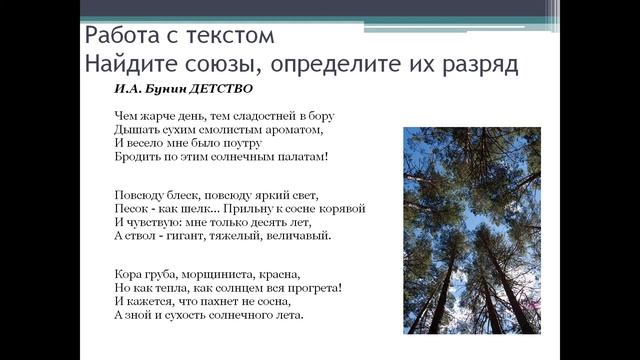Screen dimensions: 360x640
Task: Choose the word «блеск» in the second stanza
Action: click(x=183, y=194)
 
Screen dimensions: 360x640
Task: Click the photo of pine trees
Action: click(x=471, y=230)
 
